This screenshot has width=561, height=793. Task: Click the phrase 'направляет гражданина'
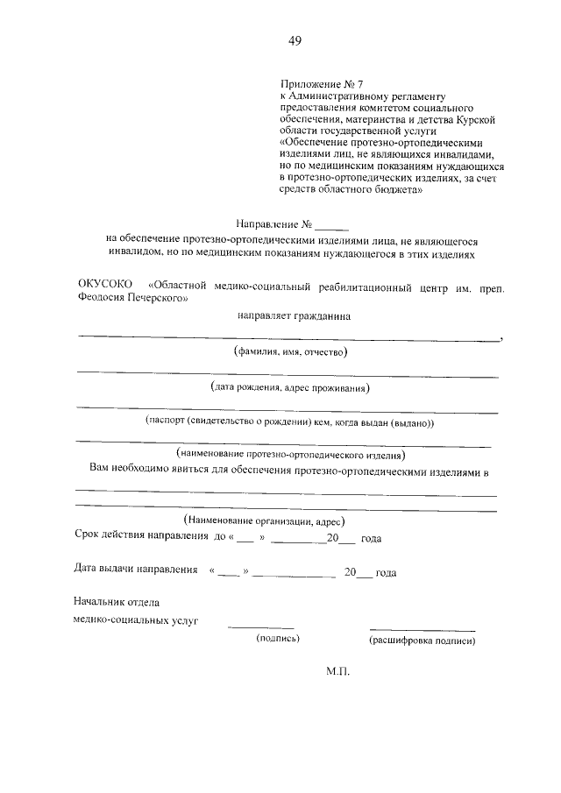(x=293, y=315)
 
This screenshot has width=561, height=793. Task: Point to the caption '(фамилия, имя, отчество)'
(x=290, y=352)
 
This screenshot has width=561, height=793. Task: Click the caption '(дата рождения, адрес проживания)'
(x=290, y=386)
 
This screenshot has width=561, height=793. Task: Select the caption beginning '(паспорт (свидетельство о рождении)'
(x=290, y=421)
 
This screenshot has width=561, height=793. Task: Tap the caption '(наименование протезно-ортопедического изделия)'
(x=290, y=455)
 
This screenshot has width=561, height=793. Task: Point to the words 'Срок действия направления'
(x=141, y=536)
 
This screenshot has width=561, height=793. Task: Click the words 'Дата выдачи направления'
(x=136, y=571)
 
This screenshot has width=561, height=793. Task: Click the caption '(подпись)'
(x=278, y=639)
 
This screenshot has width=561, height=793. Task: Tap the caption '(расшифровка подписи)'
(x=423, y=640)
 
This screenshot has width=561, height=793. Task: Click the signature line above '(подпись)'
(x=261, y=627)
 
